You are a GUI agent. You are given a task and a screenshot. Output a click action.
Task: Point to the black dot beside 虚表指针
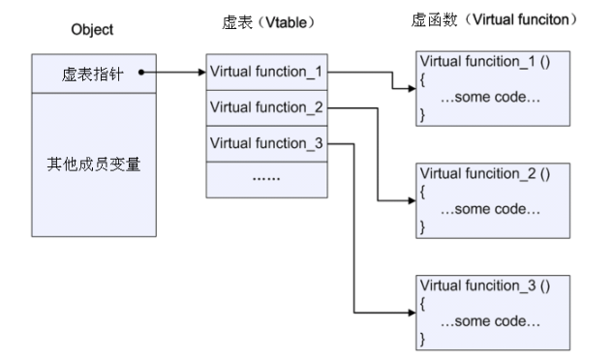pyautogui.click(x=141, y=72)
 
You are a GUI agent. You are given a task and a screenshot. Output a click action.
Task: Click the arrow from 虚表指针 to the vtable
pyautogui.click(x=174, y=72)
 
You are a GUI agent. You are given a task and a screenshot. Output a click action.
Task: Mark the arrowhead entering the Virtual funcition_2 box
pyautogui.click(x=410, y=201)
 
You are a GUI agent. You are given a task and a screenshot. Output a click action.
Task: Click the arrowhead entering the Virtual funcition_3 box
pyautogui.click(x=410, y=312)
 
